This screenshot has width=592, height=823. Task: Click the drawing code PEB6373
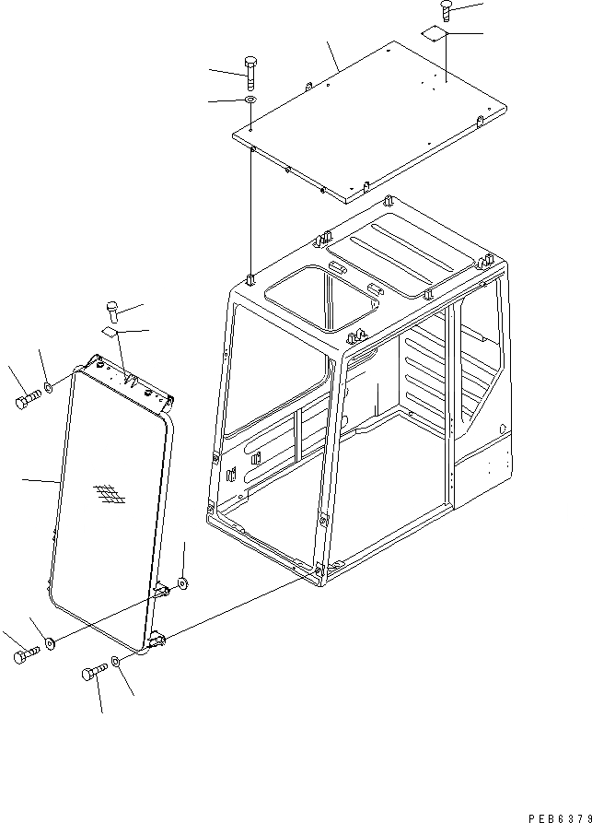point(559,817)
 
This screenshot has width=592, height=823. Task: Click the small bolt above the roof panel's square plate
point(447,11)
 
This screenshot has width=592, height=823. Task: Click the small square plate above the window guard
point(110,333)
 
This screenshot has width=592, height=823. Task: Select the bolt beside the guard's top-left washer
point(27,401)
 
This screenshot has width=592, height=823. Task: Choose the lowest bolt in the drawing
point(93,674)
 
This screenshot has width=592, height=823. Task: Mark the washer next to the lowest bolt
point(114,663)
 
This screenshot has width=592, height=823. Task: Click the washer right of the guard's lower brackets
point(183,582)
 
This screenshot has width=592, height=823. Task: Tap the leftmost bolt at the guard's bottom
point(25,655)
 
